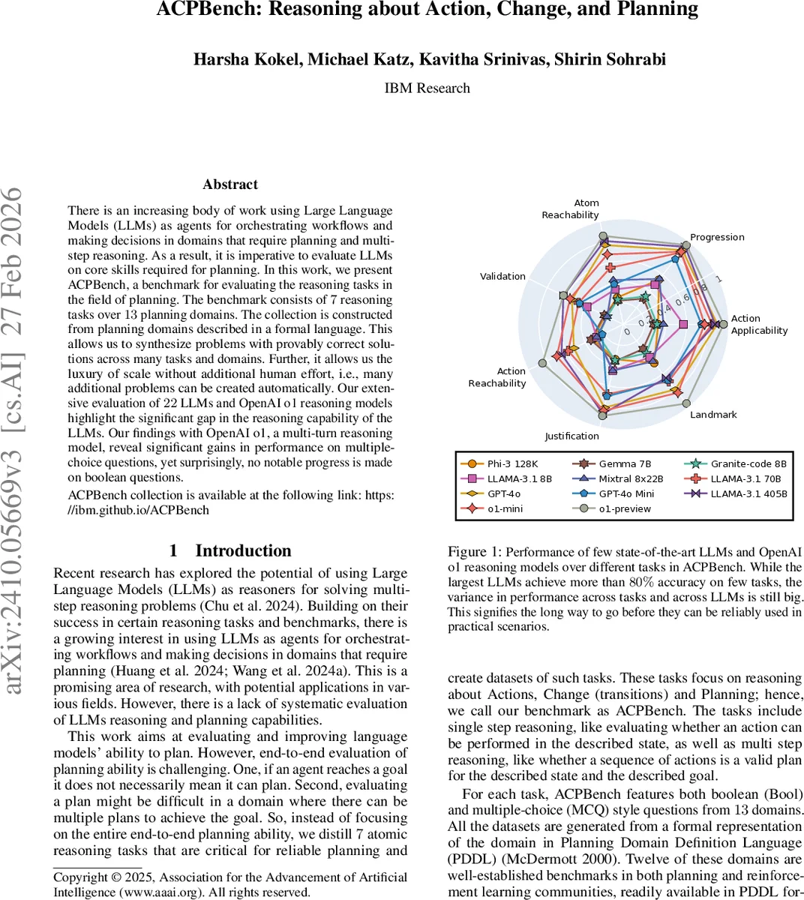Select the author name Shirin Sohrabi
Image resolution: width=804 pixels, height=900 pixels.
pos(610,59)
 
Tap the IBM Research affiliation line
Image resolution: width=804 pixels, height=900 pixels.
pos(427,88)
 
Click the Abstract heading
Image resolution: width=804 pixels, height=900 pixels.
pos(230,184)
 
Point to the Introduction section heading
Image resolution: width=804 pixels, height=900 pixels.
pos(230,550)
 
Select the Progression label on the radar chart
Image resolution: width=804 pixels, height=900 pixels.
pos(717,237)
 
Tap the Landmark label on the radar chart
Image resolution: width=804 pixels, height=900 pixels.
pos(713,415)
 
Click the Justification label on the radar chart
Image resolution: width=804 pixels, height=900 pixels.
pos(571,436)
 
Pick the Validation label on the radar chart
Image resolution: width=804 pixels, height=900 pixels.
pos(502,276)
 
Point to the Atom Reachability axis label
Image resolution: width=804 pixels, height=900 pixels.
pos(571,209)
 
